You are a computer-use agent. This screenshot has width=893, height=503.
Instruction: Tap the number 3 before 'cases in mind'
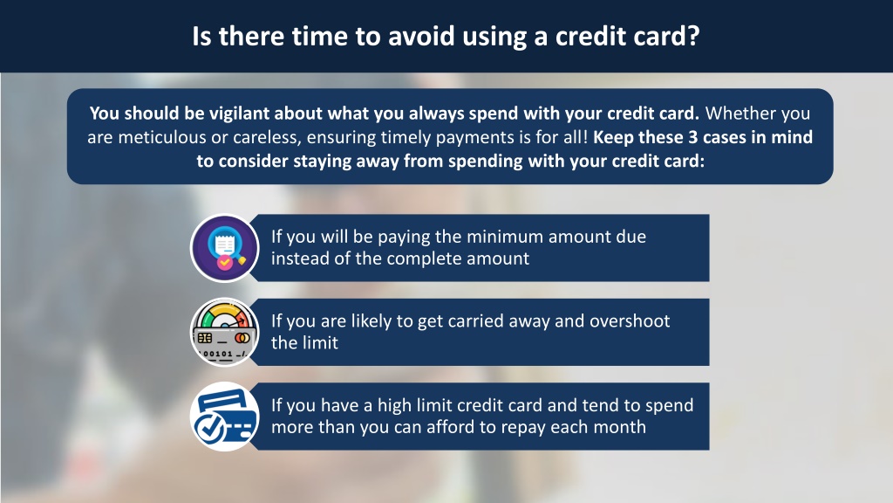pos(692,137)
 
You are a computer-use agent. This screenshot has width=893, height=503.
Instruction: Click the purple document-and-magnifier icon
pos(224,248)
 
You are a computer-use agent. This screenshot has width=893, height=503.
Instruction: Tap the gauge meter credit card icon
pos(224,332)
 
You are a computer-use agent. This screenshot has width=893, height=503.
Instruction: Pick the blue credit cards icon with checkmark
pos(224,417)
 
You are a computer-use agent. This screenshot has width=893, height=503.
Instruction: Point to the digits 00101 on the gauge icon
pos(217,355)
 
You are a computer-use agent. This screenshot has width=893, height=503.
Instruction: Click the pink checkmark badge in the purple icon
pos(225,262)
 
